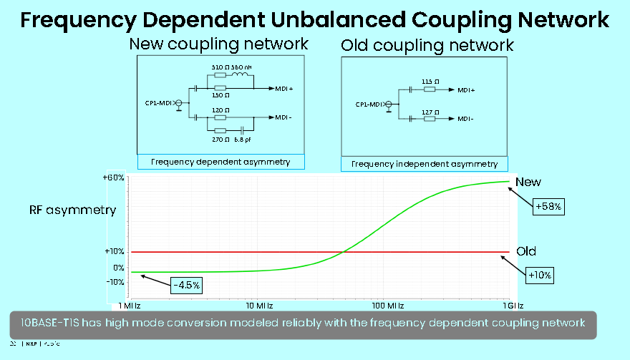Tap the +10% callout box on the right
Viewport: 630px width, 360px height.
pos(541,274)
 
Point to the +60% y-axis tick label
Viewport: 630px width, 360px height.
pos(114,177)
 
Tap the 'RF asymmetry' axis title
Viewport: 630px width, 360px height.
pos(72,210)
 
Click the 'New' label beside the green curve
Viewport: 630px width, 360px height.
pos(528,183)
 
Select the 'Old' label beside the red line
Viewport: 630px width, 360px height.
pos(526,251)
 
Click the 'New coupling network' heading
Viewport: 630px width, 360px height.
pos(218,44)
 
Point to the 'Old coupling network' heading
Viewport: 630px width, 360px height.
pos(427,46)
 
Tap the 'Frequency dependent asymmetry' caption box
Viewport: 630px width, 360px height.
pos(220,162)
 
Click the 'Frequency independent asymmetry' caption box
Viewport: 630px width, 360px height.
pos(425,164)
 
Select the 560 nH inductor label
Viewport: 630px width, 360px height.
pos(241,67)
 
